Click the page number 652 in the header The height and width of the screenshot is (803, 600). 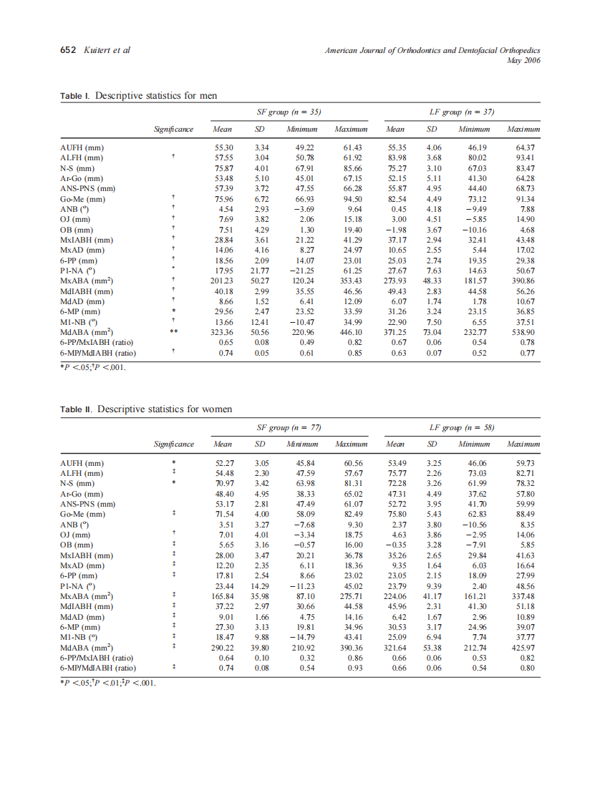pos(67,50)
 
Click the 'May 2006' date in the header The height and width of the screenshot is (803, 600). pos(523,60)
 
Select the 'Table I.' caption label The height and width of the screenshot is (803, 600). pos(75,96)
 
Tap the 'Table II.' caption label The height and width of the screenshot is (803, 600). pos(77,409)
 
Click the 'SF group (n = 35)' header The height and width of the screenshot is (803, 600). pos(289,112)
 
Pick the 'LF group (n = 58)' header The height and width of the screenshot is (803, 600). pos(462,427)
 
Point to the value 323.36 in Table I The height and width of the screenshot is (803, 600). pos(223,333)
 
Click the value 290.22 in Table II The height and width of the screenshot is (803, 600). pos(223,648)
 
